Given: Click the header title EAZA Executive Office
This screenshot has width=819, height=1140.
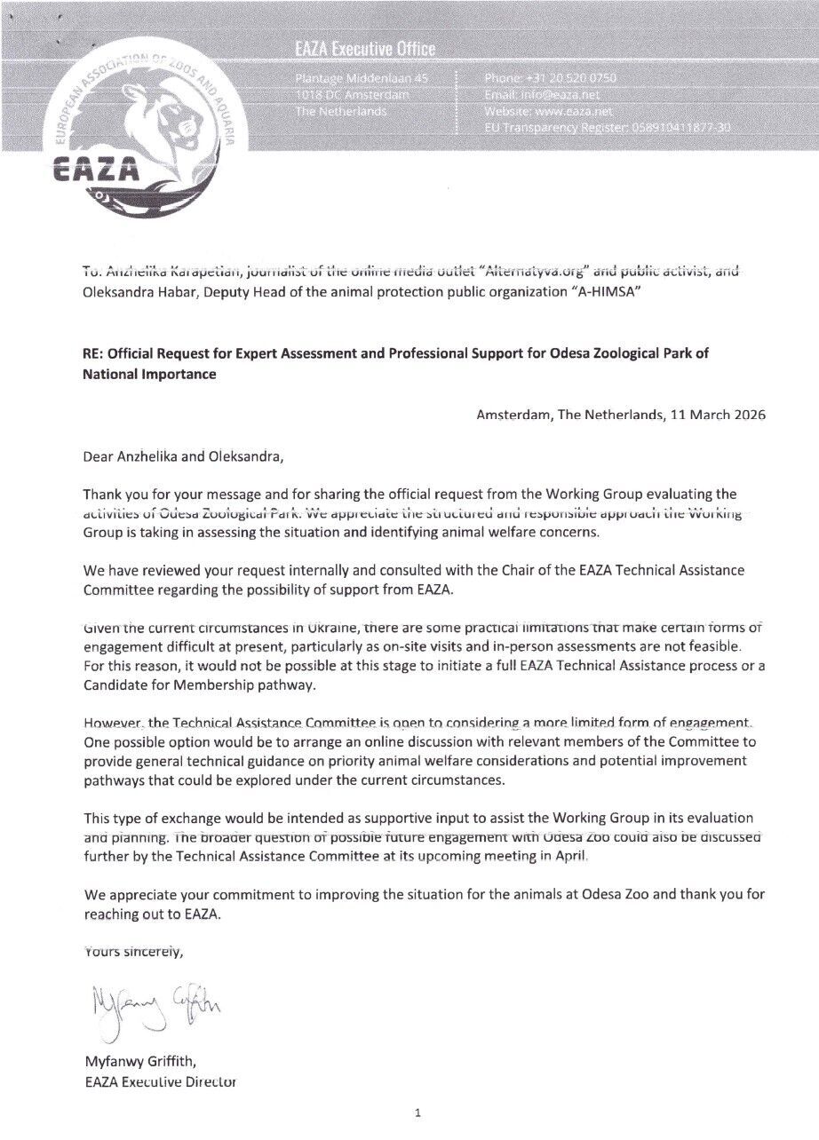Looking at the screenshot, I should [365, 50].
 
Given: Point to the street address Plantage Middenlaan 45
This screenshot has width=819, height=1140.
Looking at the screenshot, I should [361, 79].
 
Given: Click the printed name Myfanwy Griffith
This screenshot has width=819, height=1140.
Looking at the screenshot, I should [139, 1060].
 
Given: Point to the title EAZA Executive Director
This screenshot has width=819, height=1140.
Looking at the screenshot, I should [160, 1081].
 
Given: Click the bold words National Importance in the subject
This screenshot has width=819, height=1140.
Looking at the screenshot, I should [149, 375].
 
